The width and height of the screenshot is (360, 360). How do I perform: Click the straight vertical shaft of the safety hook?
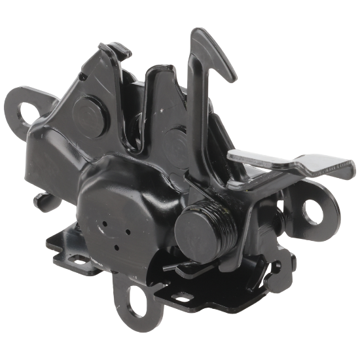click(x=194, y=111)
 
